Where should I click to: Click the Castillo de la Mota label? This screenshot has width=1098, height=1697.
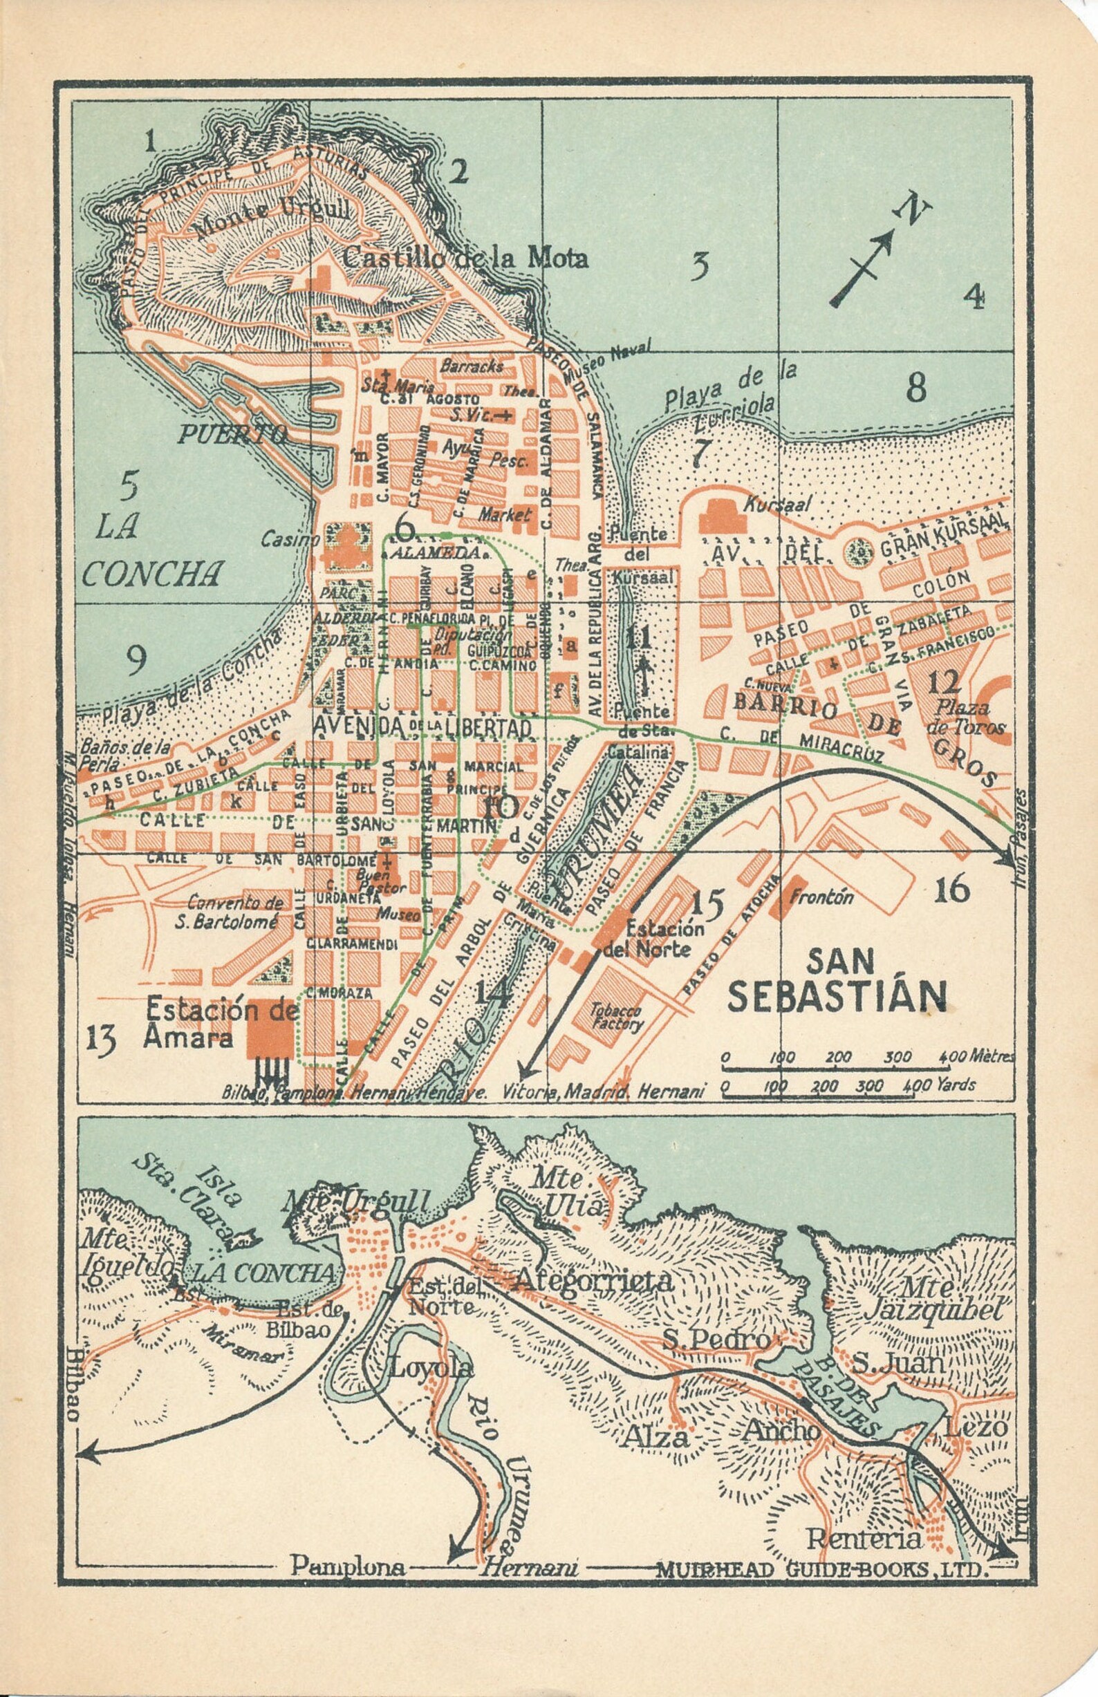(465, 258)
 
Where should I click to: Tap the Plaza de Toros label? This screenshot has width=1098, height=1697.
(970, 718)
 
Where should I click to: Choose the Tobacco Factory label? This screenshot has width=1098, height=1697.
(615, 1018)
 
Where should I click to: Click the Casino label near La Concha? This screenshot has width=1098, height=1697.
(280, 541)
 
